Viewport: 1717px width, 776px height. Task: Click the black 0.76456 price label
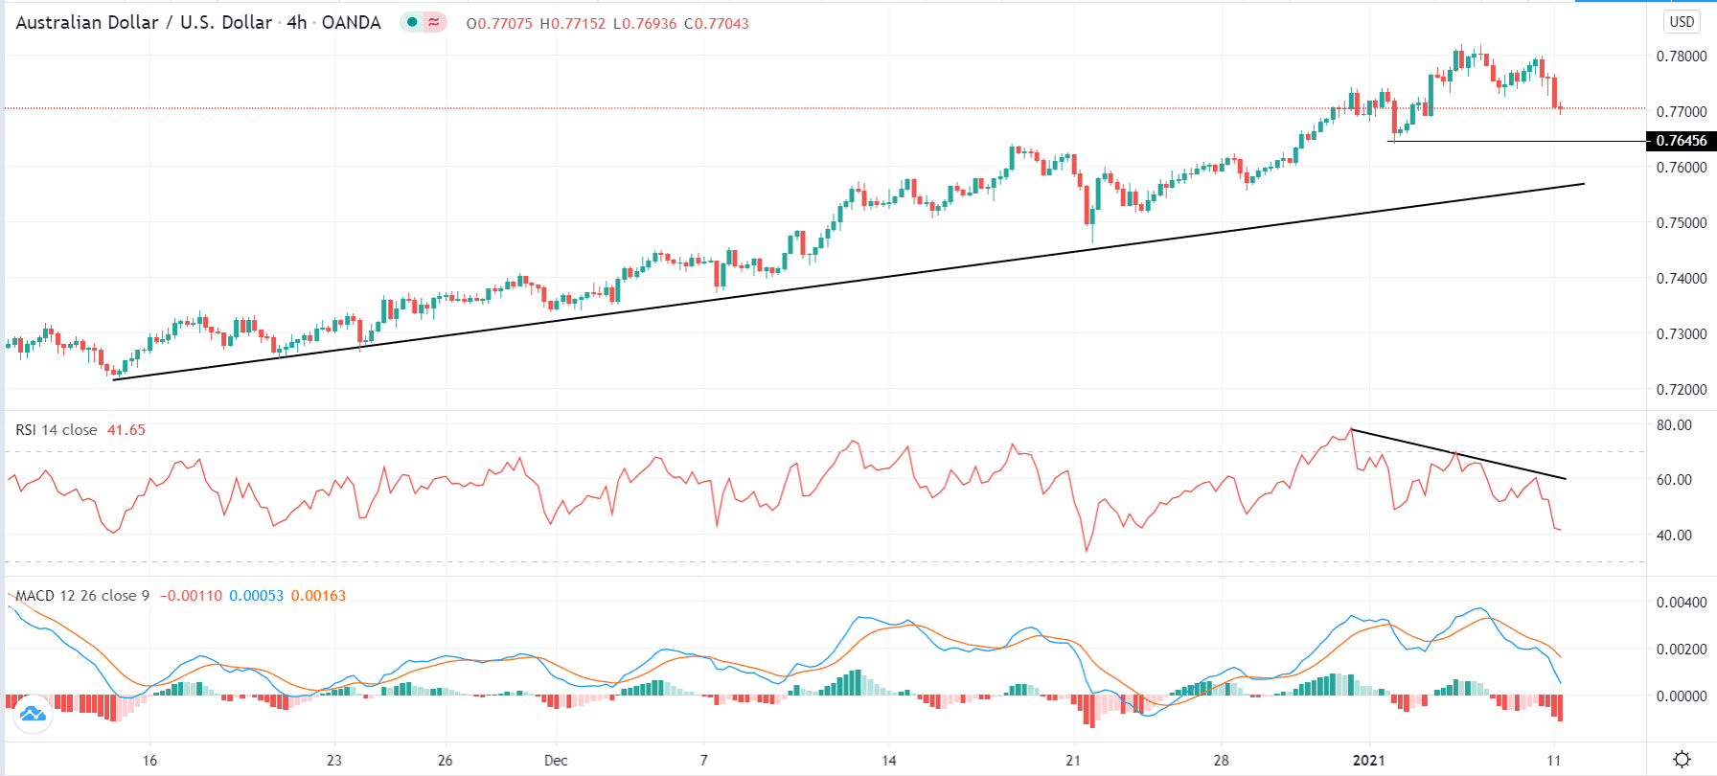tap(1681, 141)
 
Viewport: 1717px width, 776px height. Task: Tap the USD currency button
tap(1682, 21)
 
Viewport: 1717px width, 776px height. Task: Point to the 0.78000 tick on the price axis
tap(1682, 56)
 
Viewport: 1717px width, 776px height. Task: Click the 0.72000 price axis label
tap(1682, 389)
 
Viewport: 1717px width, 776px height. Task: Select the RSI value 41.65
tap(126, 429)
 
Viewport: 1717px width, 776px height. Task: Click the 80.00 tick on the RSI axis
tap(1674, 424)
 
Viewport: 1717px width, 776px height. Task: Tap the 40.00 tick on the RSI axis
tap(1674, 535)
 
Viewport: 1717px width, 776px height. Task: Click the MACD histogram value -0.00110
tap(190, 595)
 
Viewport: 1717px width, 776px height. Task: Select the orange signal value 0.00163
tap(318, 595)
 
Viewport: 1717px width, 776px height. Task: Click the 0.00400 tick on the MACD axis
tap(1682, 602)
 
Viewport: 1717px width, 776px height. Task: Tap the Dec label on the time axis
tap(556, 760)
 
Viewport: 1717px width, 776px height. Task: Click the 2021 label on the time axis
tap(1368, 760)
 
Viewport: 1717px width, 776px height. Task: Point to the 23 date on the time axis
tap(333, 760)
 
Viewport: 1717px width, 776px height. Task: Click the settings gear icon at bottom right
tap(1682, 760)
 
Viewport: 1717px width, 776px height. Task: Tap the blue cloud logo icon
tap(32, 714)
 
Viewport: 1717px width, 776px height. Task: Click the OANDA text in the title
tap(351, 22)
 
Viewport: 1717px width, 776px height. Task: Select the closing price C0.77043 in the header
tap(717, 23)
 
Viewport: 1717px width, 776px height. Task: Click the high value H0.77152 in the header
tap(572, 23)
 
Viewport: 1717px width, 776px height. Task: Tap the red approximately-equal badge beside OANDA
tap(435, 21)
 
